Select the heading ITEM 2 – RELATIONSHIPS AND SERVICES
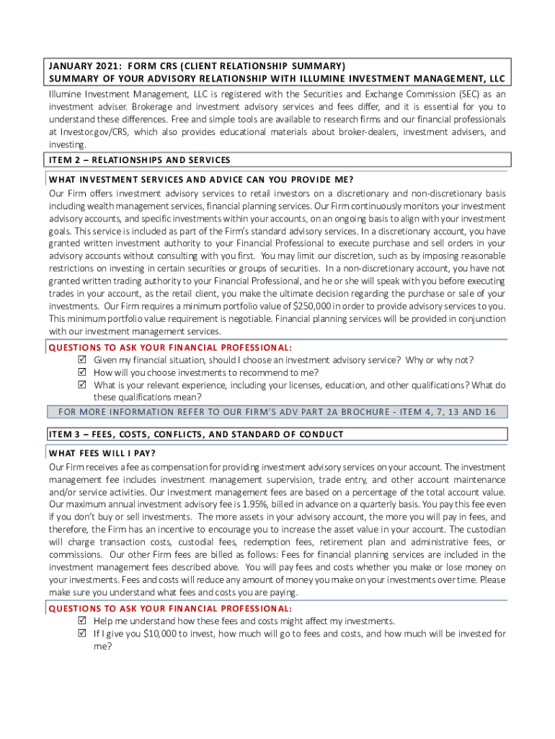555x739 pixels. tap(139, 159)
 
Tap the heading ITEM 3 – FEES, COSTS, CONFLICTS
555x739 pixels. tap(195, 434)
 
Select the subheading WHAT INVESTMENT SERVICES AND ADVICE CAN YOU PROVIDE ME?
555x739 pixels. tap(201, 179)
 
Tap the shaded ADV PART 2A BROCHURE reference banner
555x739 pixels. tap(277, 412)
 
